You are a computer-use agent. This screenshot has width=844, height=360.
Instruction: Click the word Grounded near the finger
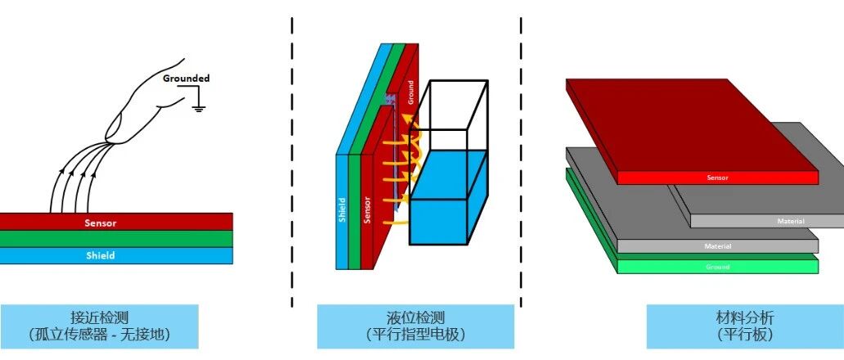click(x=186, y=79)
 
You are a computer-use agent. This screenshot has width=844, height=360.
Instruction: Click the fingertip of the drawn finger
click(x=111, y=134)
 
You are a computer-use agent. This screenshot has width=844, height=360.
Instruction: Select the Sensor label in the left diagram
click(x=101, y=223)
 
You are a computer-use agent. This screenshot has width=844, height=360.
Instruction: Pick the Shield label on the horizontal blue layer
click(x=101, y=255)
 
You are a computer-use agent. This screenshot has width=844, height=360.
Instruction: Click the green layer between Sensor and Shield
click(x=116, y=239)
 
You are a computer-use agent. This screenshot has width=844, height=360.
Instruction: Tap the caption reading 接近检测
click(x=100, y=317)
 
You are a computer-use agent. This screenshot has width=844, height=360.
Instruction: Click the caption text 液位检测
click(x=415, y=317)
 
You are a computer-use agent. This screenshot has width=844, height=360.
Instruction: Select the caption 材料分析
click(x=745, y=317)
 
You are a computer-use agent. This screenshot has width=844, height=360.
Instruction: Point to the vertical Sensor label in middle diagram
click(x=367, y=211)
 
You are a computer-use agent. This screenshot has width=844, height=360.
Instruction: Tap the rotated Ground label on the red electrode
click(x=411, y=92)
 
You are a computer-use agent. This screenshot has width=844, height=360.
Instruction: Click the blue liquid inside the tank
click(x=448, y=197)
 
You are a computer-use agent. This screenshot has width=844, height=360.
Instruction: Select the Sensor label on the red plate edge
click(x=718, y=178)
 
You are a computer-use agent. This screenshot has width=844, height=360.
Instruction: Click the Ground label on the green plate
click(x=718, y=267)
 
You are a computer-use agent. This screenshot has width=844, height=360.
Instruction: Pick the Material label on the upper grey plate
click(x=791, y=221)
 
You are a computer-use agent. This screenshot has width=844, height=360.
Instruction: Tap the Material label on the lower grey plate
click(x=718, y=246)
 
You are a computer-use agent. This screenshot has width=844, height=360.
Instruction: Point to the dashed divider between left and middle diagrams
click(x=292, y=162)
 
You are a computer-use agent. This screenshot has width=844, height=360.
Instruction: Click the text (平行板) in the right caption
click(x=745, y=335)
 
